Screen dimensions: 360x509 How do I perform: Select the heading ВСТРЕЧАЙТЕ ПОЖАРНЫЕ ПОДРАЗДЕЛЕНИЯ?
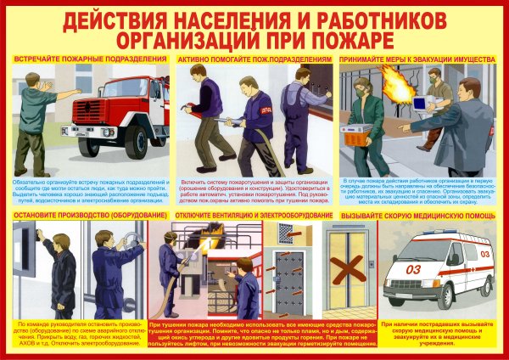[89, 59]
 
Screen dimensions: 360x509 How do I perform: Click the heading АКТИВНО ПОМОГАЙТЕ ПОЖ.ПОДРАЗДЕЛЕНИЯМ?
[254, 59]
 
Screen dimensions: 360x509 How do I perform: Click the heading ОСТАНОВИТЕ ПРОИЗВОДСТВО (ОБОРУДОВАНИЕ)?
[78, 216]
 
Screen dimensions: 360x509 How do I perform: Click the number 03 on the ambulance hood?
[415, 269]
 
